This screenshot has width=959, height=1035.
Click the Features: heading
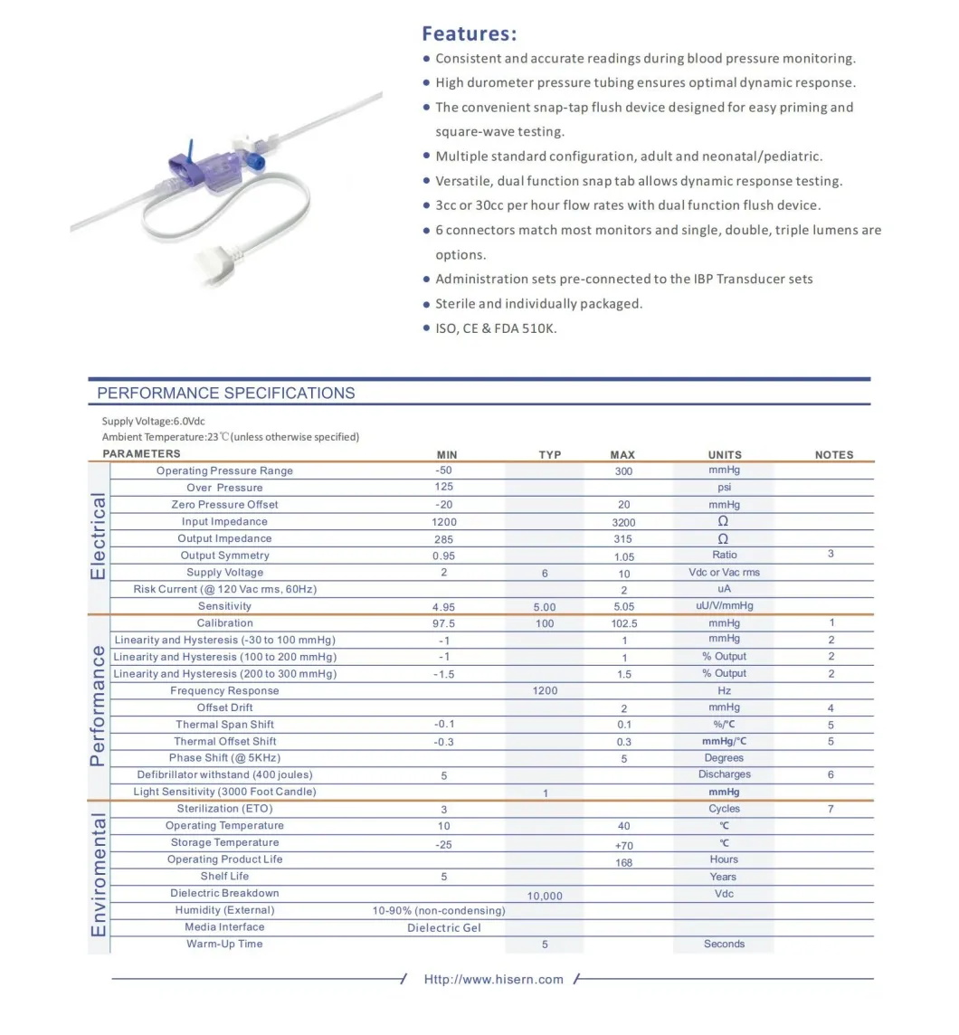tap(469, 34)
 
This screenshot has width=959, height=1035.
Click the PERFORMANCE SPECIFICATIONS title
tap(225, 394)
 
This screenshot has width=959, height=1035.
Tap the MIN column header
tap(447, 454)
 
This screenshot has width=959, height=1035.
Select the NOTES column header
tap(833, 455)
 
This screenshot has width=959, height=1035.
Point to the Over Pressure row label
tap(224, 488)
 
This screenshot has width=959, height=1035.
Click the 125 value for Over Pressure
tap(444, 488)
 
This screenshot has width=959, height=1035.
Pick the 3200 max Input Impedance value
tap(623, 522)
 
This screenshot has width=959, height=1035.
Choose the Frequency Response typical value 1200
tap(545, 691)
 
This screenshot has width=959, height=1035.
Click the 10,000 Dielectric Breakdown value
tap(545, 896)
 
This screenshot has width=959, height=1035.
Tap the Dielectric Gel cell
tap(444, 927)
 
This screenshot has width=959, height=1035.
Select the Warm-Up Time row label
tap(224, 945)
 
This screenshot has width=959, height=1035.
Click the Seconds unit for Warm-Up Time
tap(724, 945)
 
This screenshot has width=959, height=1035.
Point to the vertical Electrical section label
tap(99, 537)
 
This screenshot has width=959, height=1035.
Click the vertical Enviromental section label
tap(99, 875)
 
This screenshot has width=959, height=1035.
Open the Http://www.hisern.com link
tap(493, 979)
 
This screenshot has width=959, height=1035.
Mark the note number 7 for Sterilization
tap(831, 809)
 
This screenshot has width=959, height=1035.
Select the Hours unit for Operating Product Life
tap(724, 859)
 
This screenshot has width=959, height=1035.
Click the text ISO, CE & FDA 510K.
tap(496, 328)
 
